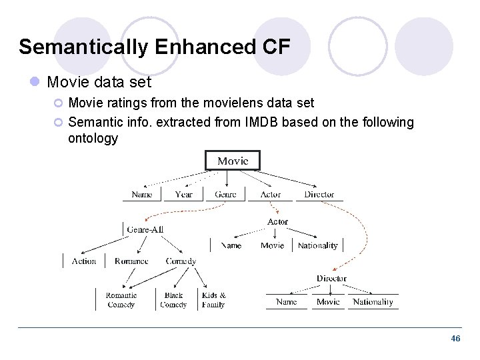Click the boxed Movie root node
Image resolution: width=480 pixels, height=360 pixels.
(x=232, y=161)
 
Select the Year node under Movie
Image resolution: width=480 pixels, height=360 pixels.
(x=183, y=195)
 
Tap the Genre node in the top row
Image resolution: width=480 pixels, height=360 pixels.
(x=225, y=195)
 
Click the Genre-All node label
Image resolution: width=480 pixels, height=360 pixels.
(x=145, y=229)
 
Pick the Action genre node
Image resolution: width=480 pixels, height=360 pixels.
(x=84, y=261)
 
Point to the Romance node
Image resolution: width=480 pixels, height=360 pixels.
(x=131, y=261)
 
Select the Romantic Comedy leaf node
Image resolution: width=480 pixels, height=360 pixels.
(x=121, y=300)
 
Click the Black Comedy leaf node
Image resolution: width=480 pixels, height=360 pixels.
(x=173, y=300)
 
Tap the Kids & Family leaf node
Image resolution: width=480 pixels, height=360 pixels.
(x=213, y=300)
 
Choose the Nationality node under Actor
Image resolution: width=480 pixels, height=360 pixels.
(x=317, y=246)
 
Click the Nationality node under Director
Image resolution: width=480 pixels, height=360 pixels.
(x=373, y=302)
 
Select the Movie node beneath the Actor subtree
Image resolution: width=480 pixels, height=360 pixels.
(x=272, y=246)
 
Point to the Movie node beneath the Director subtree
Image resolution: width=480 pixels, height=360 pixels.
(x=328, y=302)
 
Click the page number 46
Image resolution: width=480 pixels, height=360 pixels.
(x=455, y=339)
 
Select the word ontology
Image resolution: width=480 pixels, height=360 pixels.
(x=93, y=139)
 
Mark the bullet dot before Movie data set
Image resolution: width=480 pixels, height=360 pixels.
(x=35, y=83)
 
